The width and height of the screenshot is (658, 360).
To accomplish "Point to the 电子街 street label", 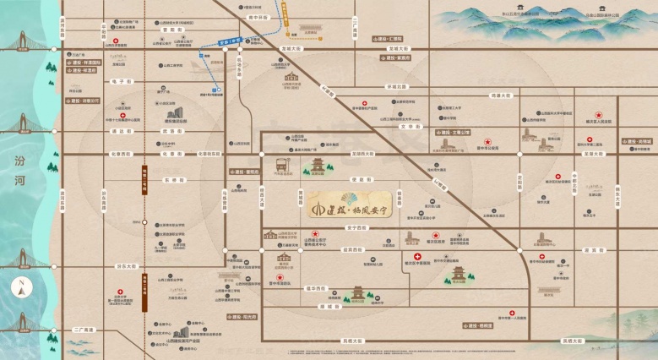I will point(117,81).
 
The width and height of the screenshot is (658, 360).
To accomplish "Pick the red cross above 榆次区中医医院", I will point(416,256).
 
